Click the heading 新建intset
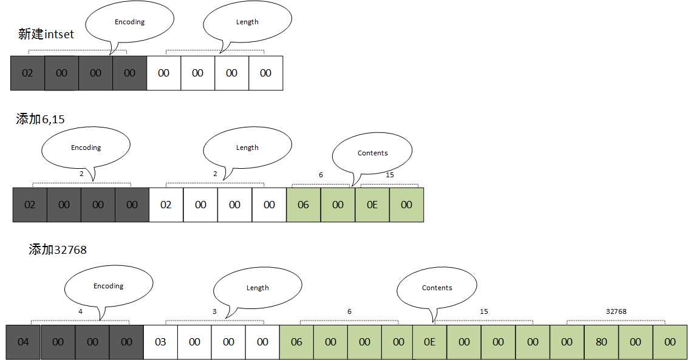[x=46, y=34]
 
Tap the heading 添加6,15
[x=40, y=119]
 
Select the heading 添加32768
[x=58, y=249]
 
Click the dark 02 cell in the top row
[x=27, y=73]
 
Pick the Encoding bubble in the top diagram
[x=129, y=22]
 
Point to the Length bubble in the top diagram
[x=247, y=22]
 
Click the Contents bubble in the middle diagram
[x=372, y=153]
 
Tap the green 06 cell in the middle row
[x=303, y=205]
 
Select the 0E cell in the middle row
[x=372, y=205]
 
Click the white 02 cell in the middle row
[x=166, y=205]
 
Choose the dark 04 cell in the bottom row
[x=23, y=342]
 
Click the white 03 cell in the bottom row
[x=160, y=342]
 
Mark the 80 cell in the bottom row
[x=601, y=342]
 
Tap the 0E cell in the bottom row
[x=429, y=342]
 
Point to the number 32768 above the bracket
[x=616, y=311]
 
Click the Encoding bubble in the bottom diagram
[x=108, y=287]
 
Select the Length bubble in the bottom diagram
[x=257, y=288]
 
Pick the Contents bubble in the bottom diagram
[x=437, y=288]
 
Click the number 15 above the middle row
[x=390, y=175]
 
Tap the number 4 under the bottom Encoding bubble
[x=80, y=311]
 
